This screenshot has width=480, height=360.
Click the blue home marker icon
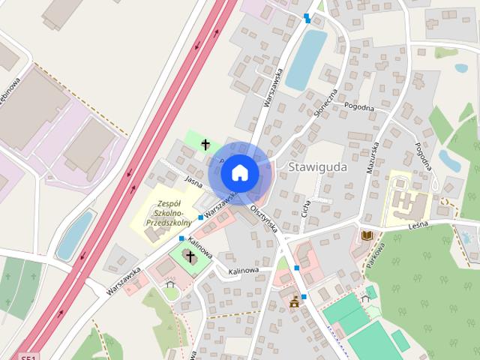tap(239, 172)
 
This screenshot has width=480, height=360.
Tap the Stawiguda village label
tap(317, 167)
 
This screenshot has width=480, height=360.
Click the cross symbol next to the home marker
tap(205, 144)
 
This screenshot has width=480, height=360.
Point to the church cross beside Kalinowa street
tap(190, 257)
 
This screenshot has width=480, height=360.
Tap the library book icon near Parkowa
tap(367, 235)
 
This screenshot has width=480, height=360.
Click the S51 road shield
tap(28, 356)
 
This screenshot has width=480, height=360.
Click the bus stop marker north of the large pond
tap(306, 18)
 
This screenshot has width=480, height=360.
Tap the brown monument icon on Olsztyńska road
tap(294, 302)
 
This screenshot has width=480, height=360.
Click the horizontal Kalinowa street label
tap(243, 270)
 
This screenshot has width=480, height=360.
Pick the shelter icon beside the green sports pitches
tap(365, 298)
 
